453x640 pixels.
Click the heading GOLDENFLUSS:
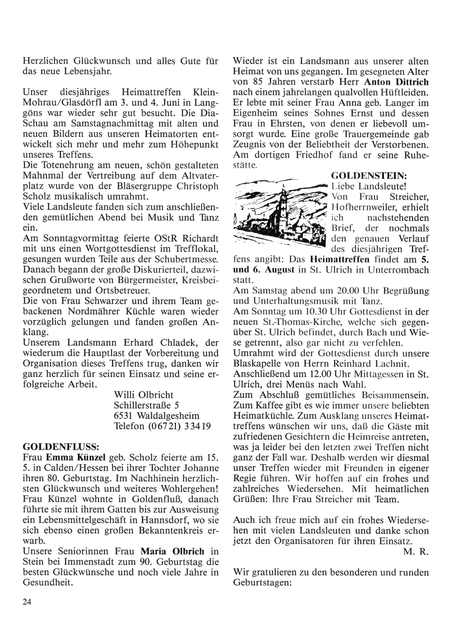click(x=58, y=445)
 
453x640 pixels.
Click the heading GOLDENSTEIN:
click(x=369, y=175)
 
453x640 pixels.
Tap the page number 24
click(x=27, y=602)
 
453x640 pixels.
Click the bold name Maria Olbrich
click(x=173, y=551)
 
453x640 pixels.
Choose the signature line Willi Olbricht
click(x=144, y=395)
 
